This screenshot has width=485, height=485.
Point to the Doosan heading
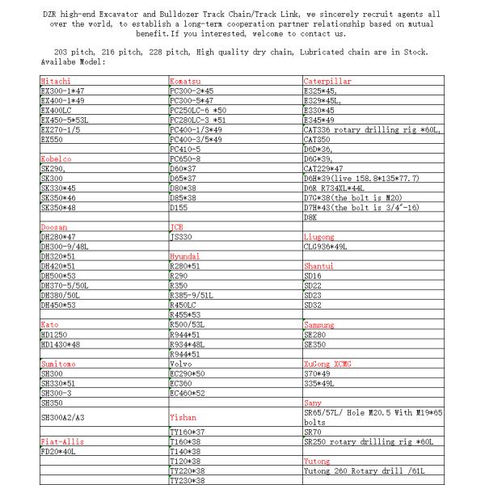coord(53,229)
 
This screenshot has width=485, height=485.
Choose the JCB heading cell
coord(177,229)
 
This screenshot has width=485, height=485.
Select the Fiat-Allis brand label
coord(61,442)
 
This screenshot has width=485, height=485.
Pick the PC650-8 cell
coord(186,159)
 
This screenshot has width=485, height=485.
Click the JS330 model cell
coord(180,237)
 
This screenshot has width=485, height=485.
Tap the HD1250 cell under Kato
coord(53,334)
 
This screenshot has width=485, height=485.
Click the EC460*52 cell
coord(188,393)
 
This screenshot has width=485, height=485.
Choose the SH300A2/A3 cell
coord(62,417)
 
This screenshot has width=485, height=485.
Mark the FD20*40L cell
coord(57,451)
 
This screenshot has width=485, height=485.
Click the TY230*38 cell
coord(188,480)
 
